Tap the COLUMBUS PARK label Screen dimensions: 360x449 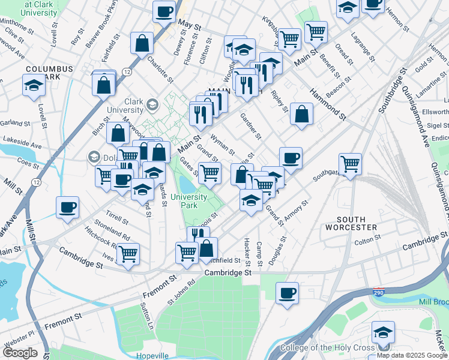[x=49, y=73]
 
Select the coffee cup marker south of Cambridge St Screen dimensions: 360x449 [x=288, y=293]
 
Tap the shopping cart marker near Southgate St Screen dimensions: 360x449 [x=350, y=163]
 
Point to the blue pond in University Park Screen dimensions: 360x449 [x=187, y=186]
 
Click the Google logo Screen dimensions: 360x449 [x=19, y=353]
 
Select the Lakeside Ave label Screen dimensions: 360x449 [x=22, y=145]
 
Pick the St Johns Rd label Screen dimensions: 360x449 [x=181, y=290]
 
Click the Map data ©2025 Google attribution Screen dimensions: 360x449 [x=412, y=355]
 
